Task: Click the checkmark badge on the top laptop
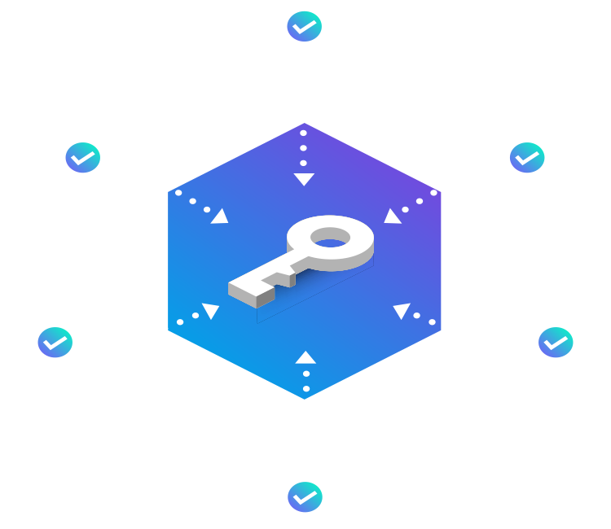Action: (x=305, y=27)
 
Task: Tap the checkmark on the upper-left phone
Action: (x=82, y=157)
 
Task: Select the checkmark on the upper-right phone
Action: (x=527, y=157)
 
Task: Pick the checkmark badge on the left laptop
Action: (x=55, y=343)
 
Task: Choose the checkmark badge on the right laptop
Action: (x=556, y=343)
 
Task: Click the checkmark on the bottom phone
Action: (x=305, y=496)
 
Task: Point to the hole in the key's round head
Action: (x=330, y=237)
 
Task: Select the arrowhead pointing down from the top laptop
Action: (x=304, y=179)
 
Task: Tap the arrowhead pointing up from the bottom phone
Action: (x=305, y=357)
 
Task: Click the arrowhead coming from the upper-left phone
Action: (x=220, y=216)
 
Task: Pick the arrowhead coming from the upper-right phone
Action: (x=392, y=216)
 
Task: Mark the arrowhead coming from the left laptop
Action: (x=211, y=310)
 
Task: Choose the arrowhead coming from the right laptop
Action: (x=402, y=310)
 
